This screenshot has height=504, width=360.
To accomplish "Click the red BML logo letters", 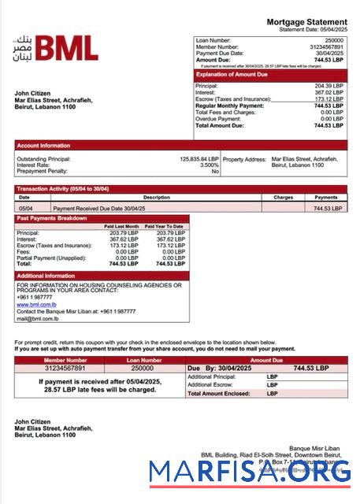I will [67, 50].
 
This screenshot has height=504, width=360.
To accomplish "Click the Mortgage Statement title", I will [306, 22].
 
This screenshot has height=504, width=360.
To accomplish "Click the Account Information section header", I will [44, 146].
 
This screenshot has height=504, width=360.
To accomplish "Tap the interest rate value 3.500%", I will [210, 165].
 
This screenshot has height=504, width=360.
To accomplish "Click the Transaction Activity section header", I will [64, 189].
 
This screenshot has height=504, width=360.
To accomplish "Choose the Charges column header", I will [283, 198].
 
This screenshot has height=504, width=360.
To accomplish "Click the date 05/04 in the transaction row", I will [25, 209].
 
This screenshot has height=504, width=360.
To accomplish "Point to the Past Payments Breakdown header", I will [52, 218].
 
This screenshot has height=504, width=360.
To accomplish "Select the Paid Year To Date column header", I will [164, 227].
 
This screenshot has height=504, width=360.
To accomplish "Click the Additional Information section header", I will [46, 276].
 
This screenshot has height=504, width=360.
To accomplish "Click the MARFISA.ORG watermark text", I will [250, 472].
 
